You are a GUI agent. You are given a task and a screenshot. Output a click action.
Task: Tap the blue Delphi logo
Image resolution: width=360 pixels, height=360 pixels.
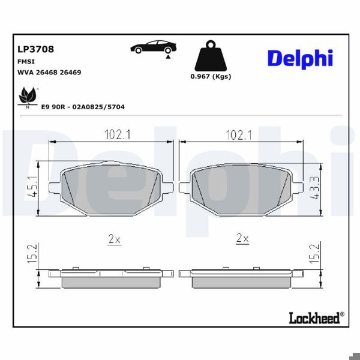299,58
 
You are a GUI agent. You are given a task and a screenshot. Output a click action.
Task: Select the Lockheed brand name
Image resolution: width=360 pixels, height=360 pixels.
315,317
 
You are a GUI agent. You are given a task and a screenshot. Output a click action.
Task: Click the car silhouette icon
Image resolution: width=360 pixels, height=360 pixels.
154,47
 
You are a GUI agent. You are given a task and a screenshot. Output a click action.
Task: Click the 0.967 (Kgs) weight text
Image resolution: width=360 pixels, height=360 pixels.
210,76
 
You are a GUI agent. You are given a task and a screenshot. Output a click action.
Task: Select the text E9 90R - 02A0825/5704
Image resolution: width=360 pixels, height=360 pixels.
82,106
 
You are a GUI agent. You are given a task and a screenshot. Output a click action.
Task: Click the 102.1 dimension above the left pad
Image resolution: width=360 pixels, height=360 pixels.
118,135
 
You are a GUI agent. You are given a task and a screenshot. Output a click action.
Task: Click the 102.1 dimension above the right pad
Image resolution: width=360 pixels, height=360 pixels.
238,135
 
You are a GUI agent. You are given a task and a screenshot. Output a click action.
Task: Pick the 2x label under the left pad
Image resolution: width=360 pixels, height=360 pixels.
114,239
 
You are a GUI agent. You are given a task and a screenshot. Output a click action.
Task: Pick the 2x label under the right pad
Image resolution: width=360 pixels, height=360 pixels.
242,238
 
